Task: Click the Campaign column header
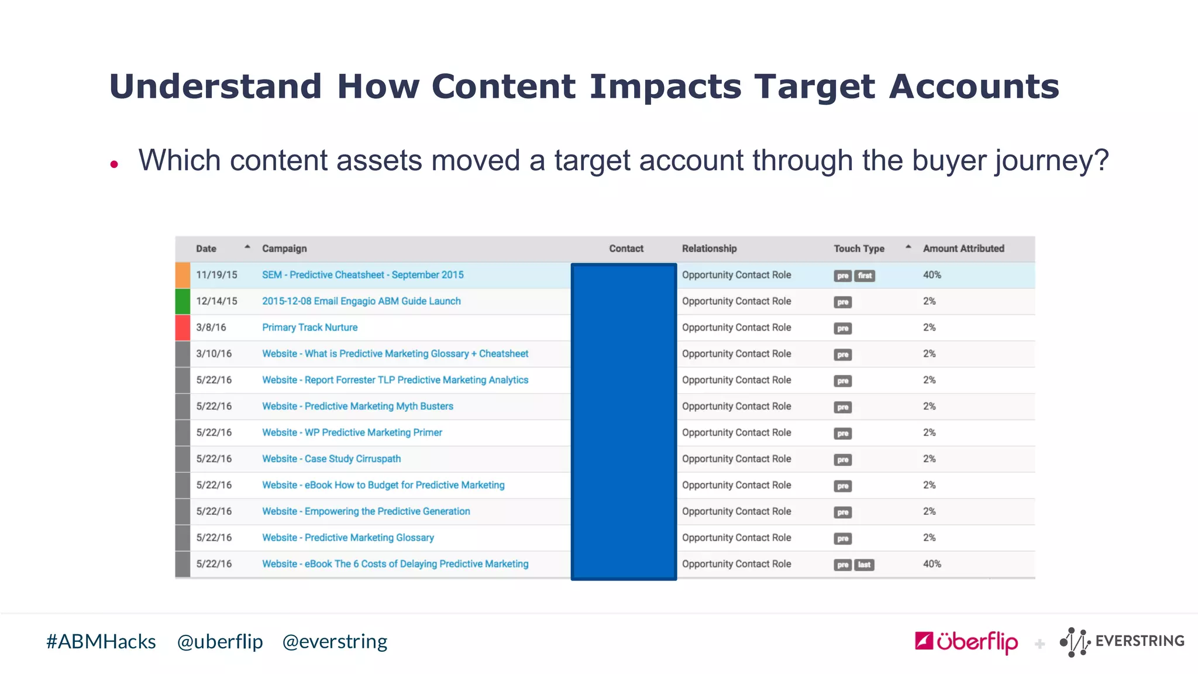click(284, 249)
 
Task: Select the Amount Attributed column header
click(963, 249)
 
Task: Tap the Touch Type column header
click(859, 249)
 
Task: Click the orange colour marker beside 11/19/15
click(183, 275)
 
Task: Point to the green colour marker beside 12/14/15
click(183, 301)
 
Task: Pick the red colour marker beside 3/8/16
click(183, 328)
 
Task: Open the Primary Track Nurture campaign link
click(309, 328)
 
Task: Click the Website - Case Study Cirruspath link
click(331, 459)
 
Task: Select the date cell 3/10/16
click(214, 354)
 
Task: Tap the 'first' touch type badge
click(865, 276)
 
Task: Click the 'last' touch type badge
click(864, 565)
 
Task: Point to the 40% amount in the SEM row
click(932, 275)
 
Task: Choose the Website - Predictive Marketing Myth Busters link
click(357, 406)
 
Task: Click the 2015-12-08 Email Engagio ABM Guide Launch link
click(361, 301)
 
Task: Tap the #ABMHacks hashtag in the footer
click(101, 642)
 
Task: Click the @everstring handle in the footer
click(335, 642)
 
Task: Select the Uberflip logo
click(966, 642)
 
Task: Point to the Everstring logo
click(1122, 642)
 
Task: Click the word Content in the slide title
click(504, 87)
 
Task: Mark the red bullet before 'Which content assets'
click(114, 164)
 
